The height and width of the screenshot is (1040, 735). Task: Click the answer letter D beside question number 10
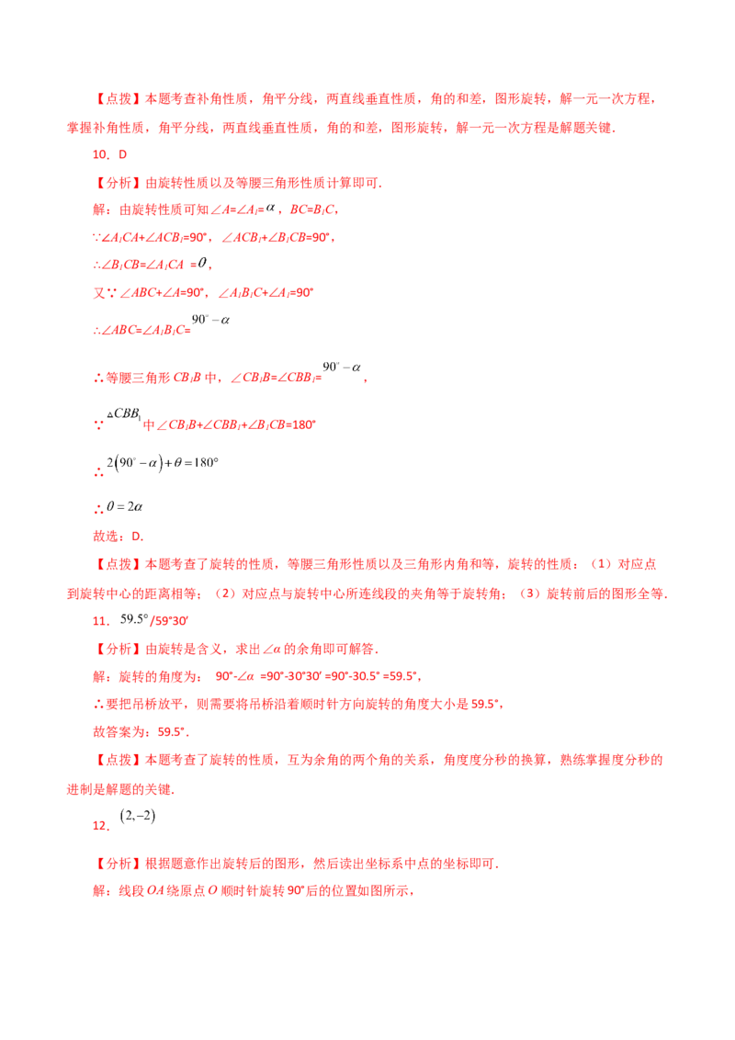pos(122,154)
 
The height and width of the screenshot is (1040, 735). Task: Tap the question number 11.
pos(101,621)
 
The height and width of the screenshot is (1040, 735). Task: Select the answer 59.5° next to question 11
pos(134,619)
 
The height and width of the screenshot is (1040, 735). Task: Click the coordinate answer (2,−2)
pos(137,816)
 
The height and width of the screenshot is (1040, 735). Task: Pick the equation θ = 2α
pos(125,507)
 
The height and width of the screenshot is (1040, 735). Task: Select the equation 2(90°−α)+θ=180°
pos(163,462)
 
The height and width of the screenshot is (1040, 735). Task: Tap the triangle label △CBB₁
pos(124,413)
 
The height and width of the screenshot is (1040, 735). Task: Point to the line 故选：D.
pos(119,536)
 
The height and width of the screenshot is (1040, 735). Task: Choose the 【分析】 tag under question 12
pos(119,863)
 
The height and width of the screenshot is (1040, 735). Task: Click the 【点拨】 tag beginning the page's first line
pos(119,99)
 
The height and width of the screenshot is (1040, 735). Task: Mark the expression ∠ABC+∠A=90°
pos(164,292)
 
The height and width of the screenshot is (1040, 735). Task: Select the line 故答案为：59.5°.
pos(141,731)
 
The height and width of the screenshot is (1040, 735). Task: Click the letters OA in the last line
pos(154,890)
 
